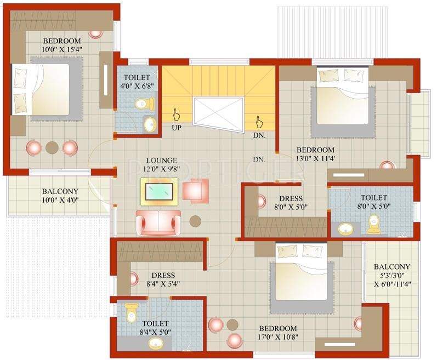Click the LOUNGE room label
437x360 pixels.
(x=161, y=161)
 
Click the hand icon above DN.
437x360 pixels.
(x=258, y=120)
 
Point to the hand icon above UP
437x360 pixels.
(x=177, y=114)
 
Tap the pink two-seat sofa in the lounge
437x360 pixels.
(x=157, y=221)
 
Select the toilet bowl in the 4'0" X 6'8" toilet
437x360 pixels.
(x=143, y=103)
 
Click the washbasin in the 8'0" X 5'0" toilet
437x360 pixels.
(x=345, y=228)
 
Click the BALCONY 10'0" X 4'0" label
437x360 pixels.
(x=60, y=196)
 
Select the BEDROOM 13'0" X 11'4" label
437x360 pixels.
(x=315, y=155)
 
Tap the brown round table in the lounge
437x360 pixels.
(x=195, y=221)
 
